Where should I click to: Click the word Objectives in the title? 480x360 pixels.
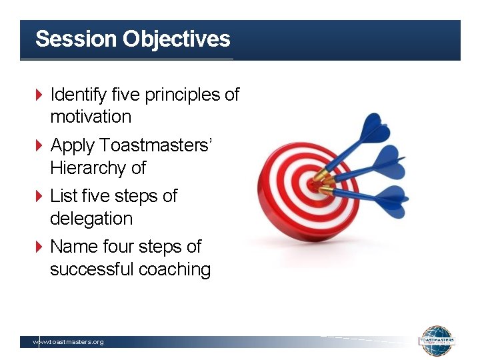[x=176, y=39]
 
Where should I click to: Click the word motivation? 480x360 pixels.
[x=91, y=117]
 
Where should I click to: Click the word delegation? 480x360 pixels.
[x=91, y=219]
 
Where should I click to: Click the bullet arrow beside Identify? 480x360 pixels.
[x=39, y=95]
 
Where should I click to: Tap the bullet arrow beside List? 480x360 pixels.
[x=39, y=197]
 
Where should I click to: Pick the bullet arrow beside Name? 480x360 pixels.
[x=39, y=247]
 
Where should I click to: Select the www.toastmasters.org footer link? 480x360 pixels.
[x=69, y=342]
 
